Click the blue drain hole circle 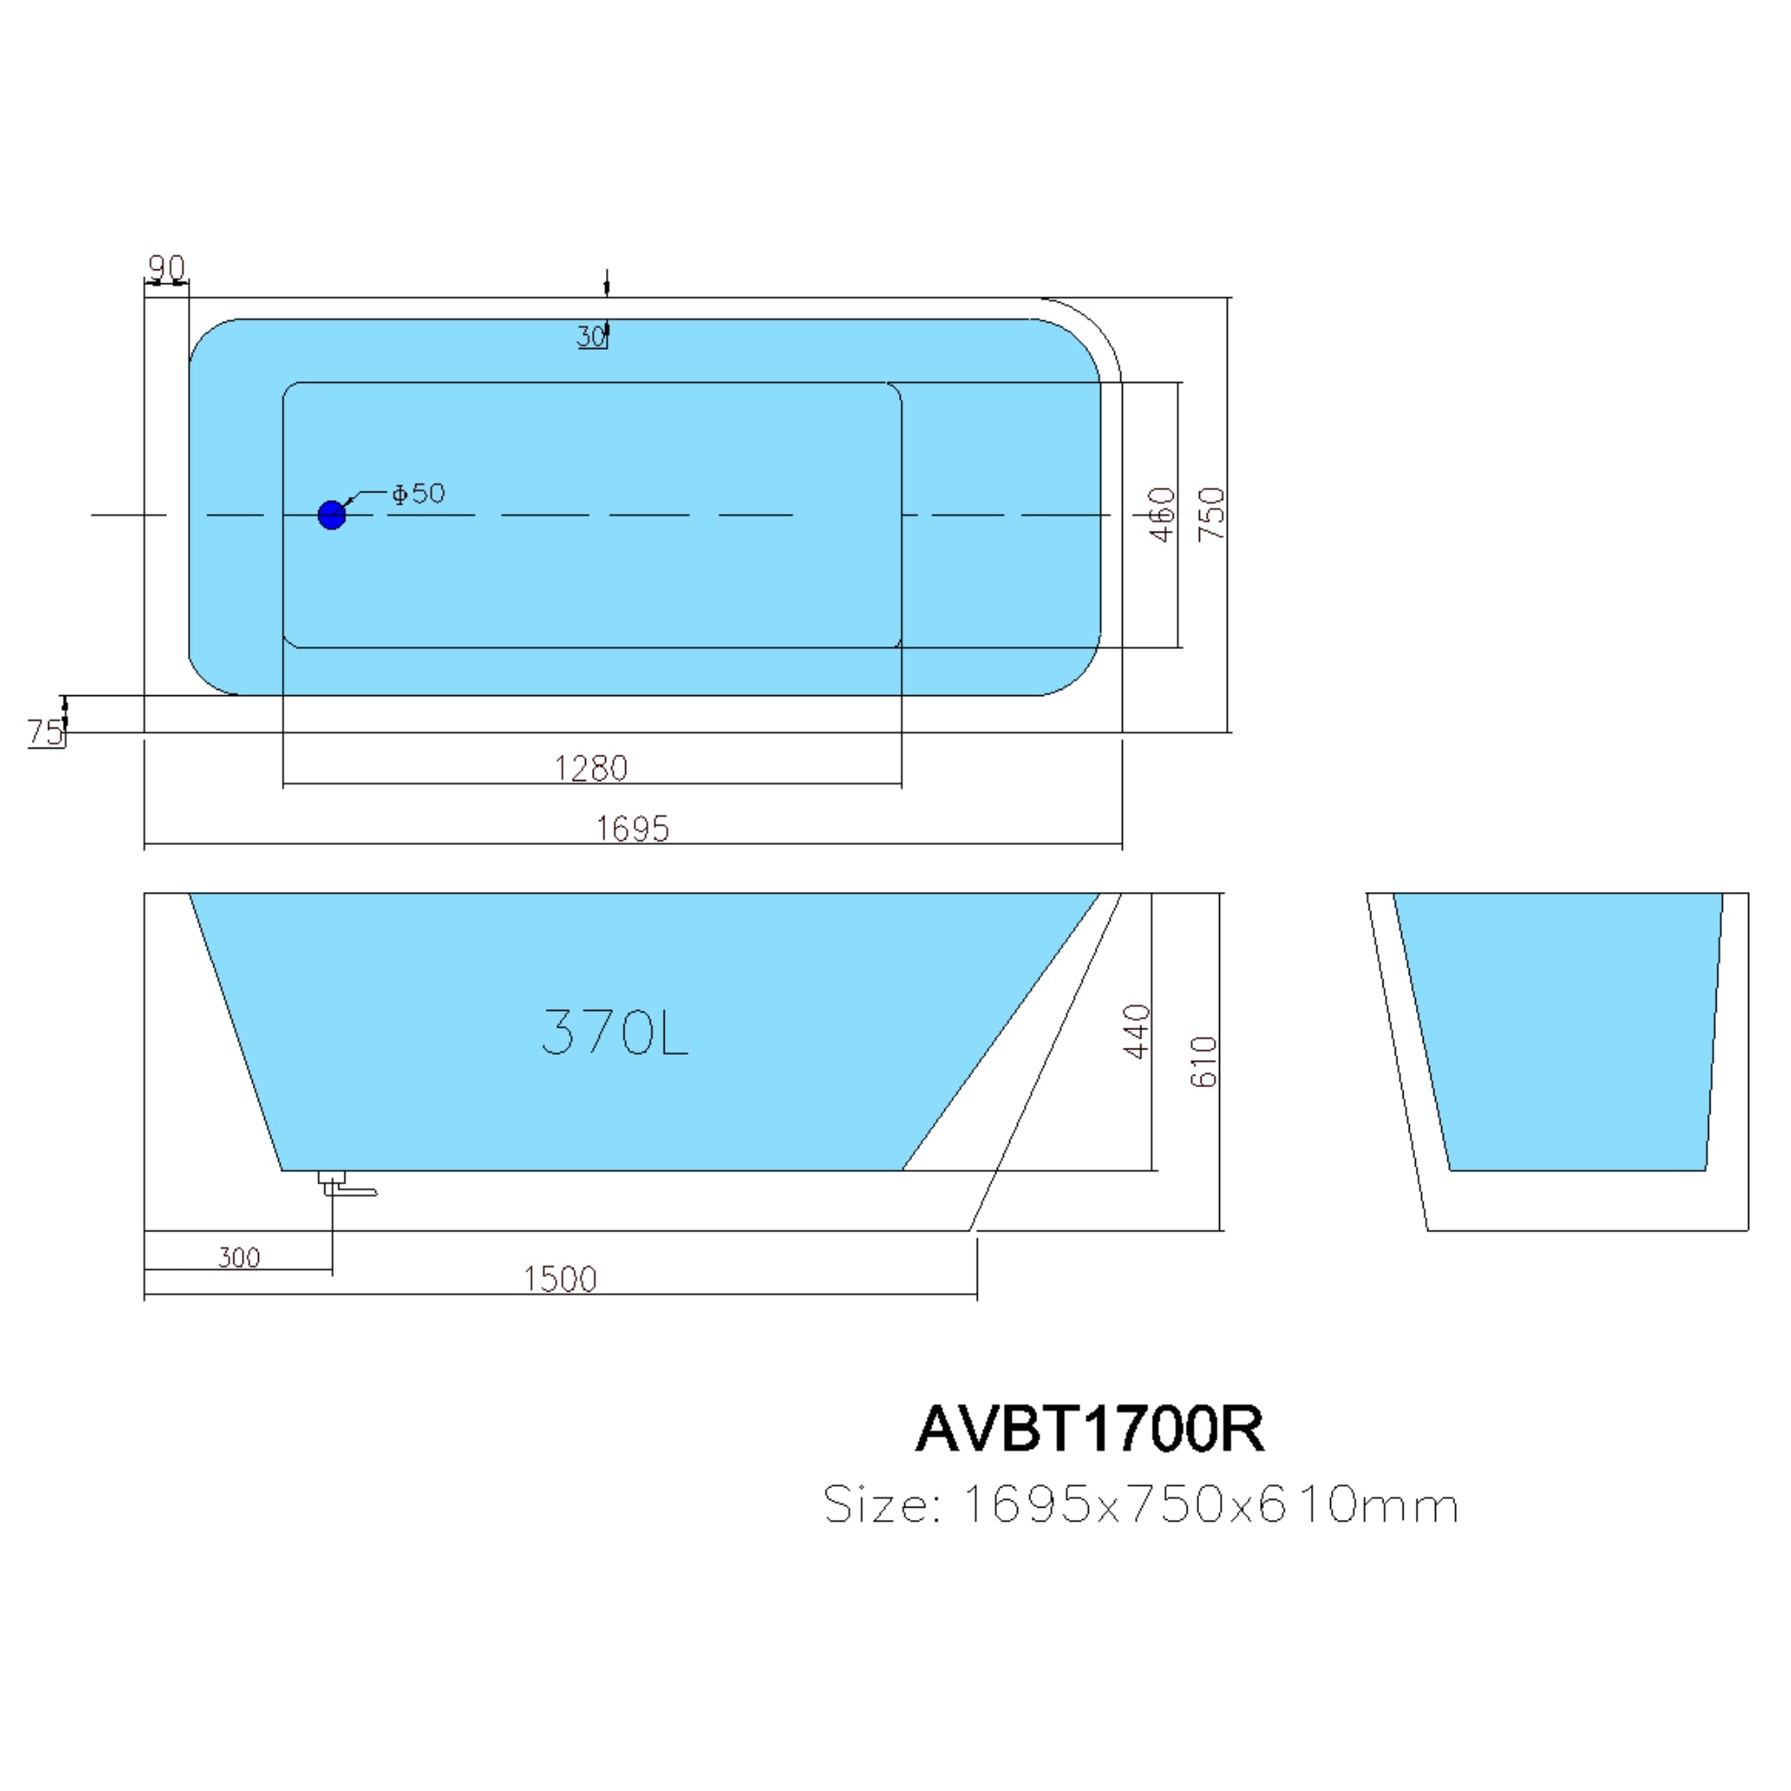tap(331, 514)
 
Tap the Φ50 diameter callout tap(418, 493)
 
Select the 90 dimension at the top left tap(167, 268)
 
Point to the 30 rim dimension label tap(590, 336)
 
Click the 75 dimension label tap(45, 732)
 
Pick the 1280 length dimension tap(590, 768)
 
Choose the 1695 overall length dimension tap(632, 828)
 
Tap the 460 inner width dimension tap(1161, 514)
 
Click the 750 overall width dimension tap(1211, 514)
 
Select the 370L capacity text tap(615, 1032)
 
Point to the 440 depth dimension tap(1137, 1030)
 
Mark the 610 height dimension tap(1203, 1062)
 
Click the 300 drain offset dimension tap(239, 1257)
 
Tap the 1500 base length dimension tap(560, 1279)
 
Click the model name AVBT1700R tap(1090, 1429)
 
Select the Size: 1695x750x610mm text tap(1141, 1504)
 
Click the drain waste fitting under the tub tap(343, 1184)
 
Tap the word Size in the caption tap(875, 1504)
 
